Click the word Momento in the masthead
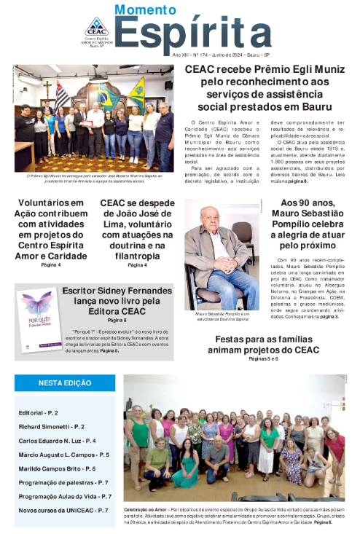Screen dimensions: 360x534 [x=146, y=10]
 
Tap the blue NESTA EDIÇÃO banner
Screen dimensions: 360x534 [x=64, y=383]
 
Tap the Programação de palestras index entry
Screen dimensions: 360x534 [x=63, y=482]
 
